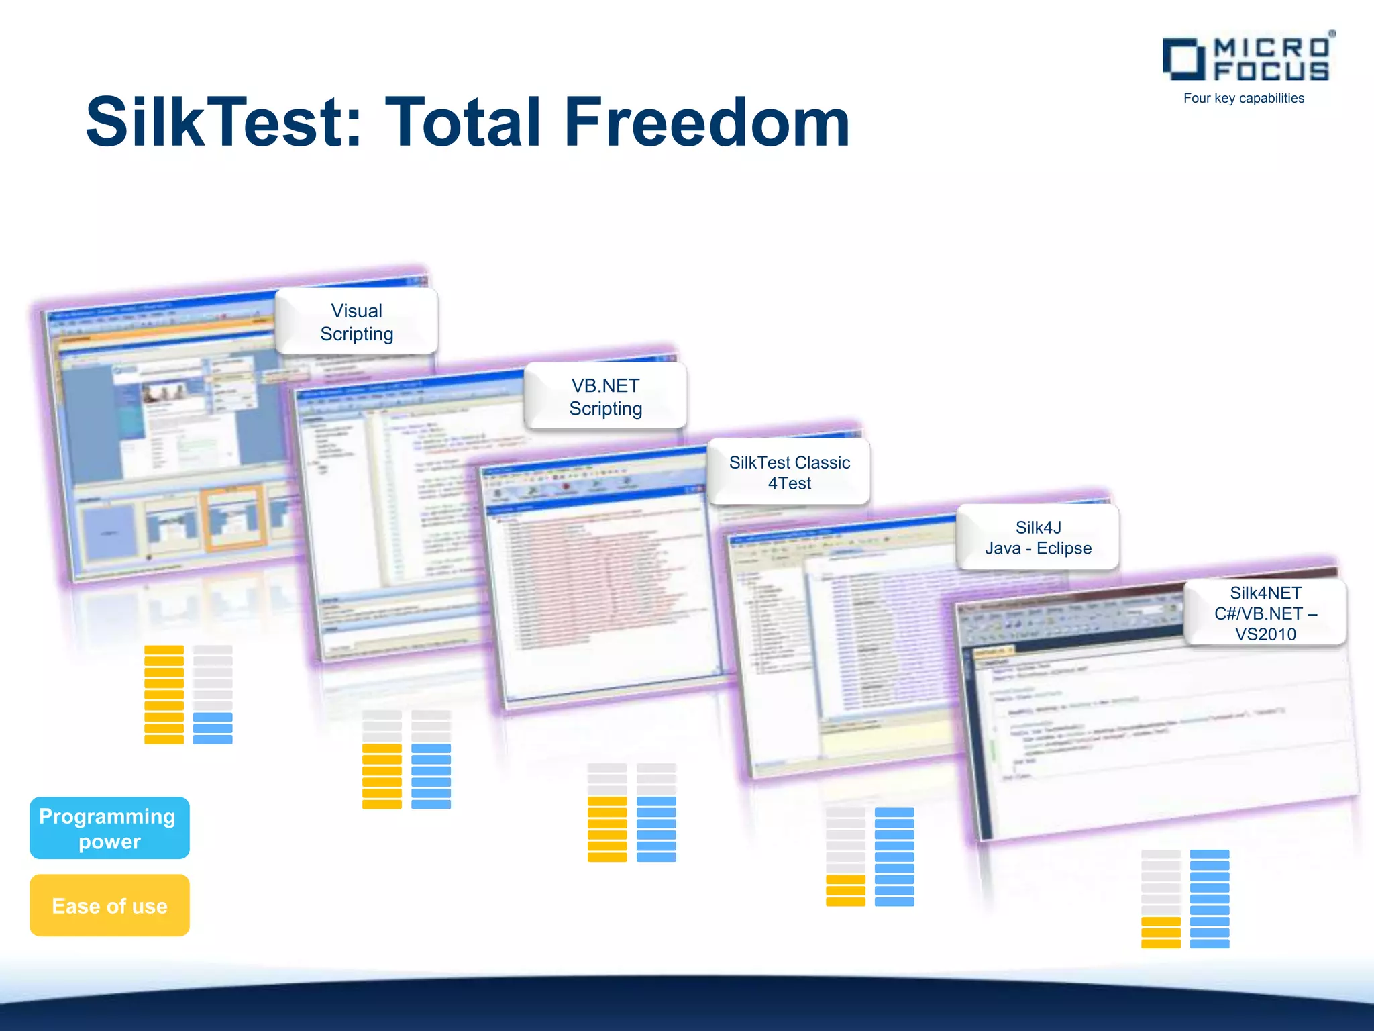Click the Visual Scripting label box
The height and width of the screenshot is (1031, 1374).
click(x=356, y=322)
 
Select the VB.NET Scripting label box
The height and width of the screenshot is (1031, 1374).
click(x=605, y=397)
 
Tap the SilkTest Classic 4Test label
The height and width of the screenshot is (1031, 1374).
click(x=789, y=473)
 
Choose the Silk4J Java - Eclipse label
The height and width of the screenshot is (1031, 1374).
click(x=1038, y=538)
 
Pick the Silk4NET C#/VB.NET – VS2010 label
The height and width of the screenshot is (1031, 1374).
click(x=1265, y=613)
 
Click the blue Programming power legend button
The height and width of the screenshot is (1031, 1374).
click(x=109, y=828)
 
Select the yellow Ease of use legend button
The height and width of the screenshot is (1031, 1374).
click(x=109, y=905)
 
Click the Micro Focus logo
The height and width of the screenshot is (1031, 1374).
click(x=1248, y=59)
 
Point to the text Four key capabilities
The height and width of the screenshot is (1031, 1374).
click(x=1244, y=98)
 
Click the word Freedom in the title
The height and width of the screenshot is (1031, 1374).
click(x=707, y=122)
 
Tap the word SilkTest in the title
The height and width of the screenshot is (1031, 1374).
click(x=224, y=122)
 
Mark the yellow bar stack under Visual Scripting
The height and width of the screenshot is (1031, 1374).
click(x=164, y=695)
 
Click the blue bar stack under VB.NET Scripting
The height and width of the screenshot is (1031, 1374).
click(x=431, y=776)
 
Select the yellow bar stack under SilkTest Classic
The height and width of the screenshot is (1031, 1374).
click(x=607, y=829)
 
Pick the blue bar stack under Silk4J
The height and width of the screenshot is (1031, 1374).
click(x=894, y=857)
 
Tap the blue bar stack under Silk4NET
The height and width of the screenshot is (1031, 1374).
click(x=1210, y=899)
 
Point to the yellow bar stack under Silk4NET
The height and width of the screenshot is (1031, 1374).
click(x=1161, y=932)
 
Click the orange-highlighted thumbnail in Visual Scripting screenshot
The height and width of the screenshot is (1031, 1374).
click(x=233, y=519)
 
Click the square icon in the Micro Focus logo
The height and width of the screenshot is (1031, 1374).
click(x=1182, y=59)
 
